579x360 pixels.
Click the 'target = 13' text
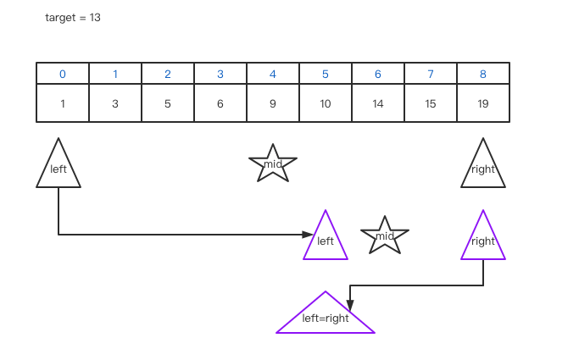coord(73,18)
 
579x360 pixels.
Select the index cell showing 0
coord(63,74)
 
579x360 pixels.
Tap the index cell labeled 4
coord(273,74)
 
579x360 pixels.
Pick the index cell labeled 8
coord(483,74)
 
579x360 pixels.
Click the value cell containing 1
coord(63,103)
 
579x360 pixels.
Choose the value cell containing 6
coord(220,103)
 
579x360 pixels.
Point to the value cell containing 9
coord(273,103)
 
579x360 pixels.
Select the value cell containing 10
coord(326,103)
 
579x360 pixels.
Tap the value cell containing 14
coord(378,103)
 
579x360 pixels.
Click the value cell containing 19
coord(483,103)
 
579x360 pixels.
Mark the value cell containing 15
coord(431,103)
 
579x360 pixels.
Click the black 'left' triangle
coord(58,168)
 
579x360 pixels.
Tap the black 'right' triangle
coord(483,168)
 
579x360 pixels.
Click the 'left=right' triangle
coord(326,318)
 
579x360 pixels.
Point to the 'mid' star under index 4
coord(273,164)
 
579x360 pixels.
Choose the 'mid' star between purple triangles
coord(385,236)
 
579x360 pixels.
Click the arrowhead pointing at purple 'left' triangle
coord(309,235)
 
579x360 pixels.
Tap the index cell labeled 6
coord(378,74)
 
